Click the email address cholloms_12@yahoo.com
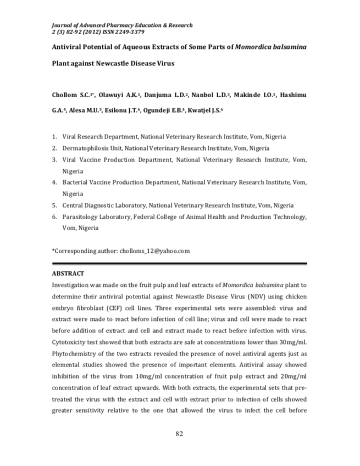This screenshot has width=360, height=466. (x=154, y=251)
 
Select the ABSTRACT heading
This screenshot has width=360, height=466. (x=68, y=273)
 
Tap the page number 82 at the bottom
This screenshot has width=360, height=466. (x=179, y=434)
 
